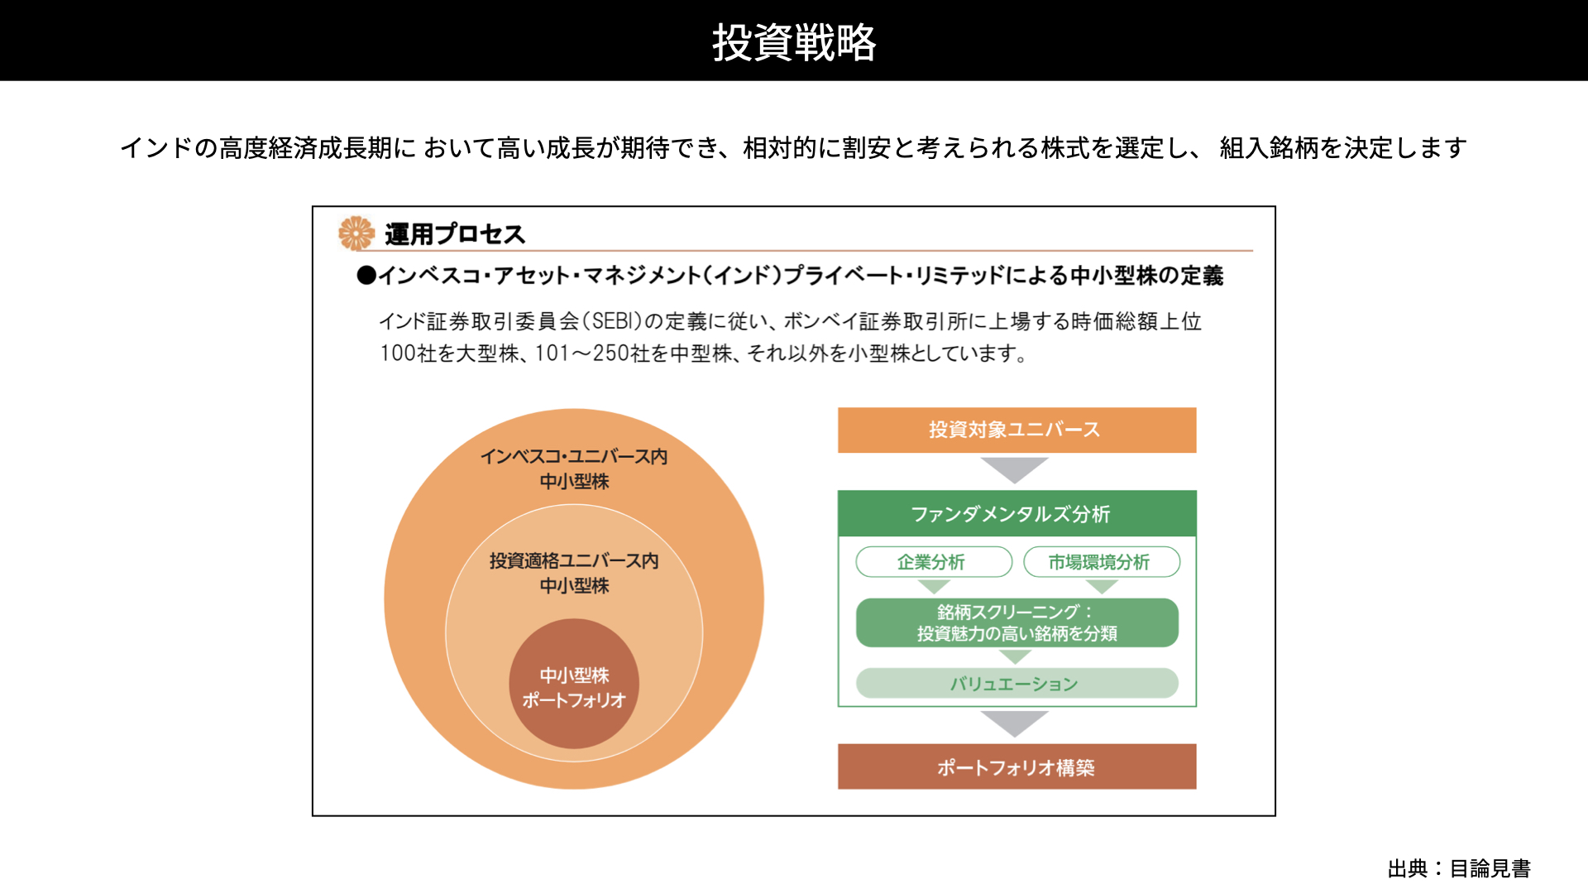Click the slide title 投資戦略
pyautogui.click(x=794, y=42)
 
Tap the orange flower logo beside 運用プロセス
pyautogui.click(x=356, y=233)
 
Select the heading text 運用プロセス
pyautogui.click(x=455, y=234)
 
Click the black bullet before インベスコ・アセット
pyautogui.click(x=366, y=276)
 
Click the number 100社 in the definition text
pyautogui.click(x=408, y=353)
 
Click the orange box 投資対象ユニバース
pyautogui.click(x=1016, y=430)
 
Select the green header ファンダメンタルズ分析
pyautogui.click(x=1016, y=513)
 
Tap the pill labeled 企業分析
pyautogui.click(x=934, y=562)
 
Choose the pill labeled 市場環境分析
pyautogui.click(x=1102, y=562)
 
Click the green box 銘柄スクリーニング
pyautogui.click(x=1016, y=622)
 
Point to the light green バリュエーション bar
pyautogui.click(x=1016, y=684)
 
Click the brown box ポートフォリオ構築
pyautogui.click(x=1016, y=767)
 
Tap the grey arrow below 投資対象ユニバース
pyautogui.click(x=1015, y=469)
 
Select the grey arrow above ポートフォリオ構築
pyautogui.click(x=1015, y=723)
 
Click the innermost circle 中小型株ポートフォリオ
pyautogui.click(x=574, y=684)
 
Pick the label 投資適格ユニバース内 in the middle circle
pyautogui.click(x=574, y=560)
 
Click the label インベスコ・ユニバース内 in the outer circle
pyautogui.click(x=574, y=456)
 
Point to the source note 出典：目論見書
pyautogui.click(x=1459, y=868)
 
